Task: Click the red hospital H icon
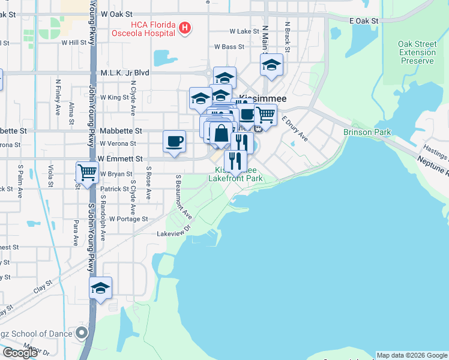pos(185,27)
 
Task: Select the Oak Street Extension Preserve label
pos(417,52)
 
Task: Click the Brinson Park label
pos(367,132)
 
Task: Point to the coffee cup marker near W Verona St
pos(175,142)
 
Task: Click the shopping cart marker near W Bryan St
pos(88,173)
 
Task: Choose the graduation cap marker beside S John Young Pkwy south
pos(100,288)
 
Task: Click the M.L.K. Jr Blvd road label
pos(125,73)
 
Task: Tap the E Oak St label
pos(364,20)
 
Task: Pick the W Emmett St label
pos(121,159)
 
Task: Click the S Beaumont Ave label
pos(183,197)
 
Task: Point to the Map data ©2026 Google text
pos(412,355)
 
